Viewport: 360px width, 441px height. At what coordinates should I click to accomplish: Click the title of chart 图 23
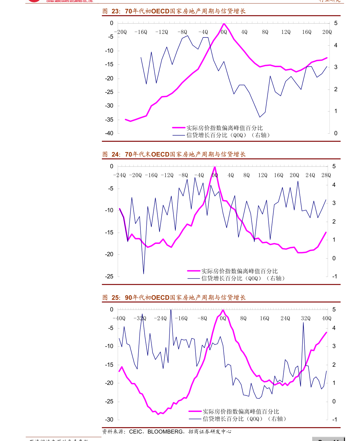pyautogui.click(x=174, y=11)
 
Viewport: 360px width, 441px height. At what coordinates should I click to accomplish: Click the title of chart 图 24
pyautogui.click(x=174, y=154)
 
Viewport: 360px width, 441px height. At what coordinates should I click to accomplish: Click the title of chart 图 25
pyautogui.click(x=174, y=298)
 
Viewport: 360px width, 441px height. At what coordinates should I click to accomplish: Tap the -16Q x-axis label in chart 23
pyautogui.click(x=141, y=32)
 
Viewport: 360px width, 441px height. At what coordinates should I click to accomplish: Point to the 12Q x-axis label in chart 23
pyautogui.click(x=286, y=32)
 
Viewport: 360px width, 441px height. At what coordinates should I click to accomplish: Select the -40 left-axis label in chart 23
pyautogui.click(x=109, y=133)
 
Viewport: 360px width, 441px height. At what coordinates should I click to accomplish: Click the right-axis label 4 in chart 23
pyautogui.click(x=335, y=45)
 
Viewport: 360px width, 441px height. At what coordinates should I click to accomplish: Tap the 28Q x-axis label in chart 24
pyautogui.click(x=326, y=175)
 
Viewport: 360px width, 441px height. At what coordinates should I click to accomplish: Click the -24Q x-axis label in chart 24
pyautogui.click(x=119, y=175)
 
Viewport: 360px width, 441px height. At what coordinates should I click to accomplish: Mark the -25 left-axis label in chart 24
pyautogui.click(x=109, y=276)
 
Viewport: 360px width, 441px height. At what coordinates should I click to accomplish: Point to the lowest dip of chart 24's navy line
pyautogui.click(x=143, y=274)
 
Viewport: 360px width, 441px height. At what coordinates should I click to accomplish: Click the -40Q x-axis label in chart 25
pyautogui.click(x=119, y=318)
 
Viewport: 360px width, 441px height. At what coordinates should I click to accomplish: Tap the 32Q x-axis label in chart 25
pyautogui.click(x=306, y=318)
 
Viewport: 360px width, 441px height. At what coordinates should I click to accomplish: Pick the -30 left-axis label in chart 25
pyautogui.click(x=109, y=420)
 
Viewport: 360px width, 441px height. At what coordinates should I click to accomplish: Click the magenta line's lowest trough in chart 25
pyautogui.click(x=158, y=414)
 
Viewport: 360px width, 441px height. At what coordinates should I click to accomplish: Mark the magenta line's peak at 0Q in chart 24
pyautogui.click(x=214, y=167)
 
